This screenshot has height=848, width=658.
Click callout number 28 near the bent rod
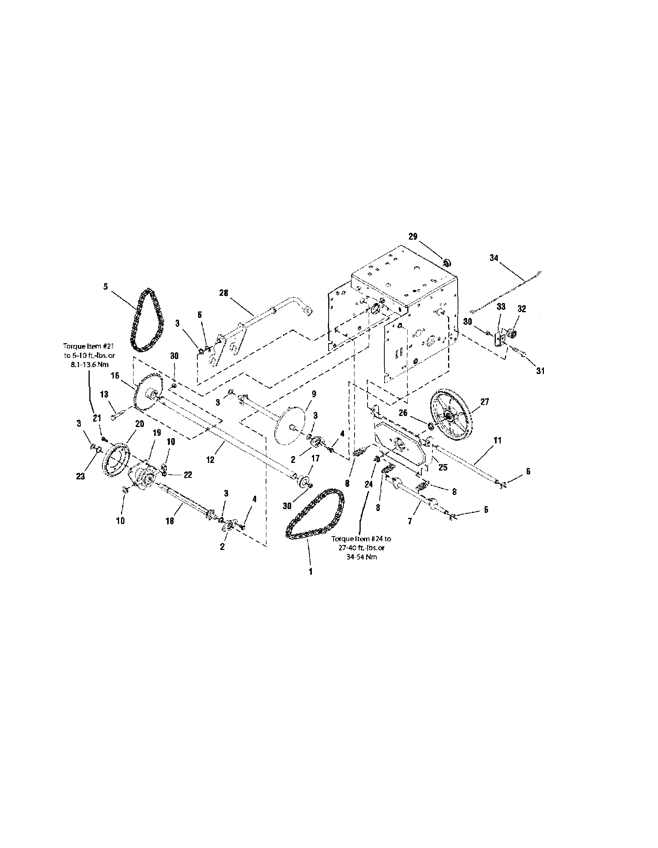click(x=224, y=293)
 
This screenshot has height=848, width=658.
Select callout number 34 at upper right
click(x=493, y=258)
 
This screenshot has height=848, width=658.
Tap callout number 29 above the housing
click(x=413, y=237)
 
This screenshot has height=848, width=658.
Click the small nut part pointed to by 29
click(x=447, y=263)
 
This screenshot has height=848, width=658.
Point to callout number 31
click(x=540, y=371)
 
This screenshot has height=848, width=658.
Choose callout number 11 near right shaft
click(x=497, y=440)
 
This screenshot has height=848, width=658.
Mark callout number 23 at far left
click(x=81, y=476)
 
